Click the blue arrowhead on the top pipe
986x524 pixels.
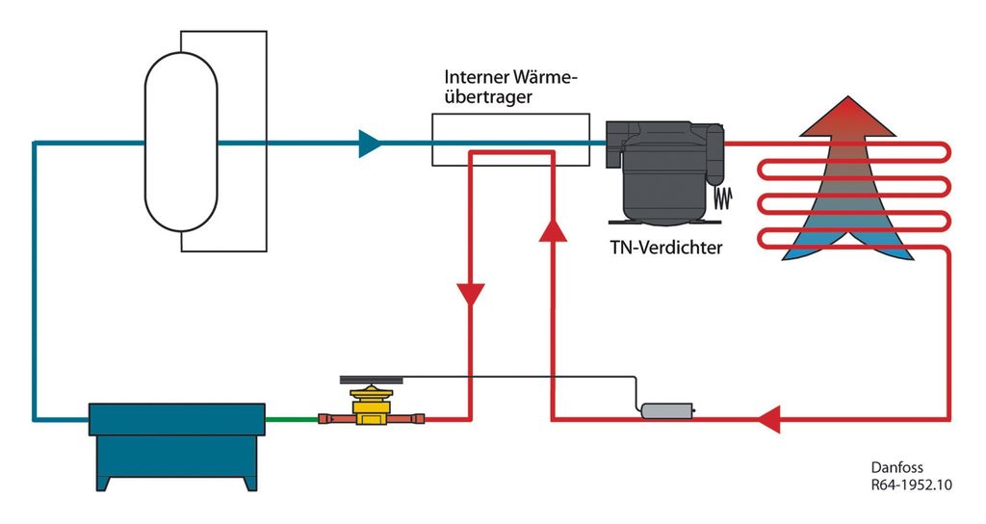click(369, 144)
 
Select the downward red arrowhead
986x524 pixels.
click(471, 295)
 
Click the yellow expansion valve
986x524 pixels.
click(368, 408)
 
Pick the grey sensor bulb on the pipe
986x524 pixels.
click(665, 411)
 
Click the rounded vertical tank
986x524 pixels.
click(181, 144)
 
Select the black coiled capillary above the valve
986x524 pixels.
click(370, 382)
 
